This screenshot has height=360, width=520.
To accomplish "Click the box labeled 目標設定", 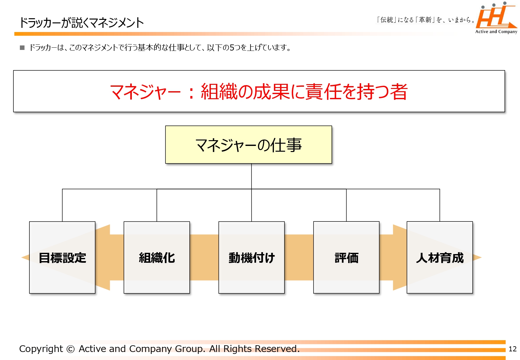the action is (62, 257).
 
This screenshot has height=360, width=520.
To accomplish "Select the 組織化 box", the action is (157, 257).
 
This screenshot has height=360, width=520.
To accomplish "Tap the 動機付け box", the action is (252, 257).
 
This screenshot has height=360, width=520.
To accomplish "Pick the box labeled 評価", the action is (346, 257).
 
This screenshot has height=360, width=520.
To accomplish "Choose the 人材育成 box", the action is (440, 257).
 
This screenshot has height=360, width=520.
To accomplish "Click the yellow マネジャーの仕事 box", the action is (249, 145).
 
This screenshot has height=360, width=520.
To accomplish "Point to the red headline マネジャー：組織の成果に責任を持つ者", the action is (259, 92).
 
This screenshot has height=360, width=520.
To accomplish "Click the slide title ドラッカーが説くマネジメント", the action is (81, 23).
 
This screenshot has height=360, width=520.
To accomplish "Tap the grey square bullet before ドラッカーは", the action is (22, 48).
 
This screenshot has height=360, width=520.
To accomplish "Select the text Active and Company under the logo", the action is (496, 32).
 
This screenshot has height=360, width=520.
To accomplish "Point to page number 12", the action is (513, 349).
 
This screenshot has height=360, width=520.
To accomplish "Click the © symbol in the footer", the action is (71, 349).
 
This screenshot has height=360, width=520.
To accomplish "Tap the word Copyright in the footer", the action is (41, 349).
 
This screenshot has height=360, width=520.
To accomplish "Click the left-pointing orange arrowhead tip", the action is (21, 257).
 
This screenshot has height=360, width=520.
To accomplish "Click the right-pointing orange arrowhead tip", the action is (482, 257).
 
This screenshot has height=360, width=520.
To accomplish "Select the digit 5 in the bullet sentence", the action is (232, 48).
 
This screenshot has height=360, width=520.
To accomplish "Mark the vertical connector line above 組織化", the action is (157, 205).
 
